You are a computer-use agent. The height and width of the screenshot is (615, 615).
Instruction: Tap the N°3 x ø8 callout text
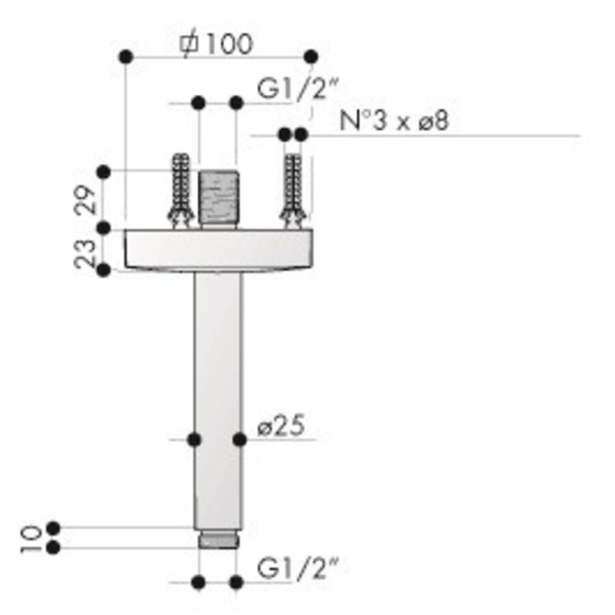tap(394, 122)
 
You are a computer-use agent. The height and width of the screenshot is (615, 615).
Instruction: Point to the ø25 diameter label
tap(281, 428)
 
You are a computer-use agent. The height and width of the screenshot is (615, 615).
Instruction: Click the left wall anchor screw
tap(181, 189)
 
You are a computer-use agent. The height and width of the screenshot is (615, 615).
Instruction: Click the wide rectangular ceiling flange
tap(218, 249)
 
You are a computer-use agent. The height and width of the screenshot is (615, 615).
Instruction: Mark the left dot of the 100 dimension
tap(124, 56)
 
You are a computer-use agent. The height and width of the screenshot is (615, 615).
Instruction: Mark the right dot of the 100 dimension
tap(311, 56)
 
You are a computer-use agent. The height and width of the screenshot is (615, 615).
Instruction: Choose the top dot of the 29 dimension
tap(104, 172)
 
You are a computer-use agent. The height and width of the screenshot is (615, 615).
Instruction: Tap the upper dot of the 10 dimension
tap(53, 528)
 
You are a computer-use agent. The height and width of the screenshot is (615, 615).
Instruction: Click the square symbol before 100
tap(188, 44)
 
